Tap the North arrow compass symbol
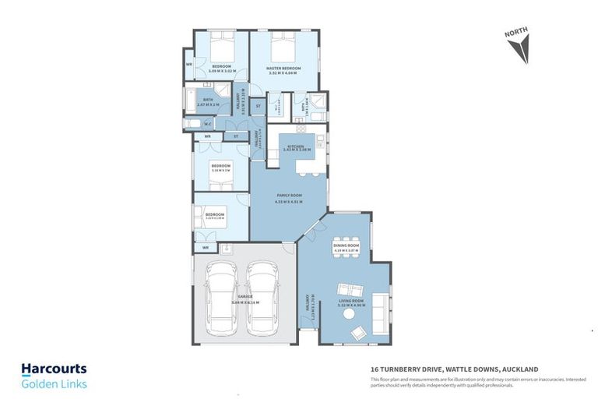click(517, 48)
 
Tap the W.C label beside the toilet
click(208, 123)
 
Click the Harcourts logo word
click(54, 369)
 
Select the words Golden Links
click(54, 383)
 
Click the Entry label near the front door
click(308, 309)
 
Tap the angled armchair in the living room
click(357, 334)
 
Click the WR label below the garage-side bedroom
click(206, 248)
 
